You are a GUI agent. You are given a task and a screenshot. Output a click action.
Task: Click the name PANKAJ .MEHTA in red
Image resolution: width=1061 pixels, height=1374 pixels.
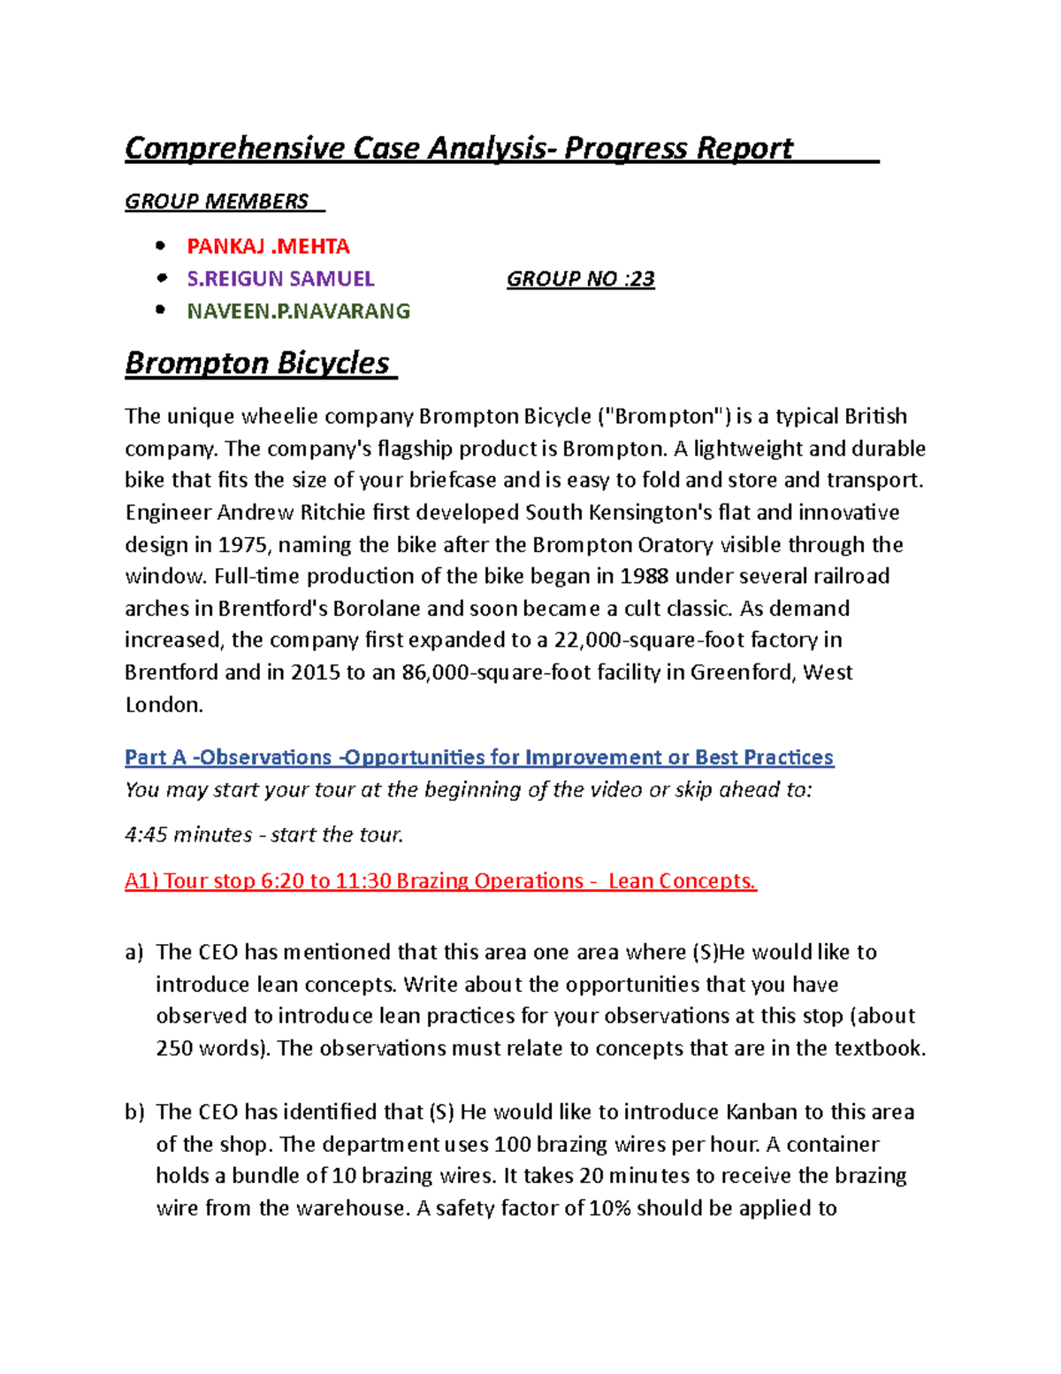click(268, 246)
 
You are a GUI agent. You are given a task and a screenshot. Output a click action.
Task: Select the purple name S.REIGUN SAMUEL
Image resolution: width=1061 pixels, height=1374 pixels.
click(280, 279)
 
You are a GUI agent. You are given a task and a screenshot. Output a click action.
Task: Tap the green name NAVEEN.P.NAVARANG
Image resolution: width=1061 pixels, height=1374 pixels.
click(298, 311)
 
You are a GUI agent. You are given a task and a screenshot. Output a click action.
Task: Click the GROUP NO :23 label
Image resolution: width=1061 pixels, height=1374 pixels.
click(580, 279)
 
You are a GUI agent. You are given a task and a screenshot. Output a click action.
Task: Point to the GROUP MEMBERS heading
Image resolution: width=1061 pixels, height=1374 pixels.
click(217, 202)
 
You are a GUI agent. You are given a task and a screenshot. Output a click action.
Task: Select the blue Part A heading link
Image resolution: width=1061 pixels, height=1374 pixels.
click(478, 757)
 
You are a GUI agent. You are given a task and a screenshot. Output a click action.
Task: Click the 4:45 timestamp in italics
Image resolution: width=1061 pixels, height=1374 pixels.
click(146, 835)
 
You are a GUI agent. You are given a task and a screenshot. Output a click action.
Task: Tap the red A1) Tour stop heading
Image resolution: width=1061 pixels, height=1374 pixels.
click(440, 881)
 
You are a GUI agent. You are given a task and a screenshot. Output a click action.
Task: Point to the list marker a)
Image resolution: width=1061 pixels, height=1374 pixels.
click(134, 953)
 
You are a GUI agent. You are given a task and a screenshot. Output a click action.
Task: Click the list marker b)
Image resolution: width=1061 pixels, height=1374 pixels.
click(134, 1112)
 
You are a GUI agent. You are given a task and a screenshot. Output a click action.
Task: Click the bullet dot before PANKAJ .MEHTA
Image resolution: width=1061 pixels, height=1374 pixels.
click(160, 246)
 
